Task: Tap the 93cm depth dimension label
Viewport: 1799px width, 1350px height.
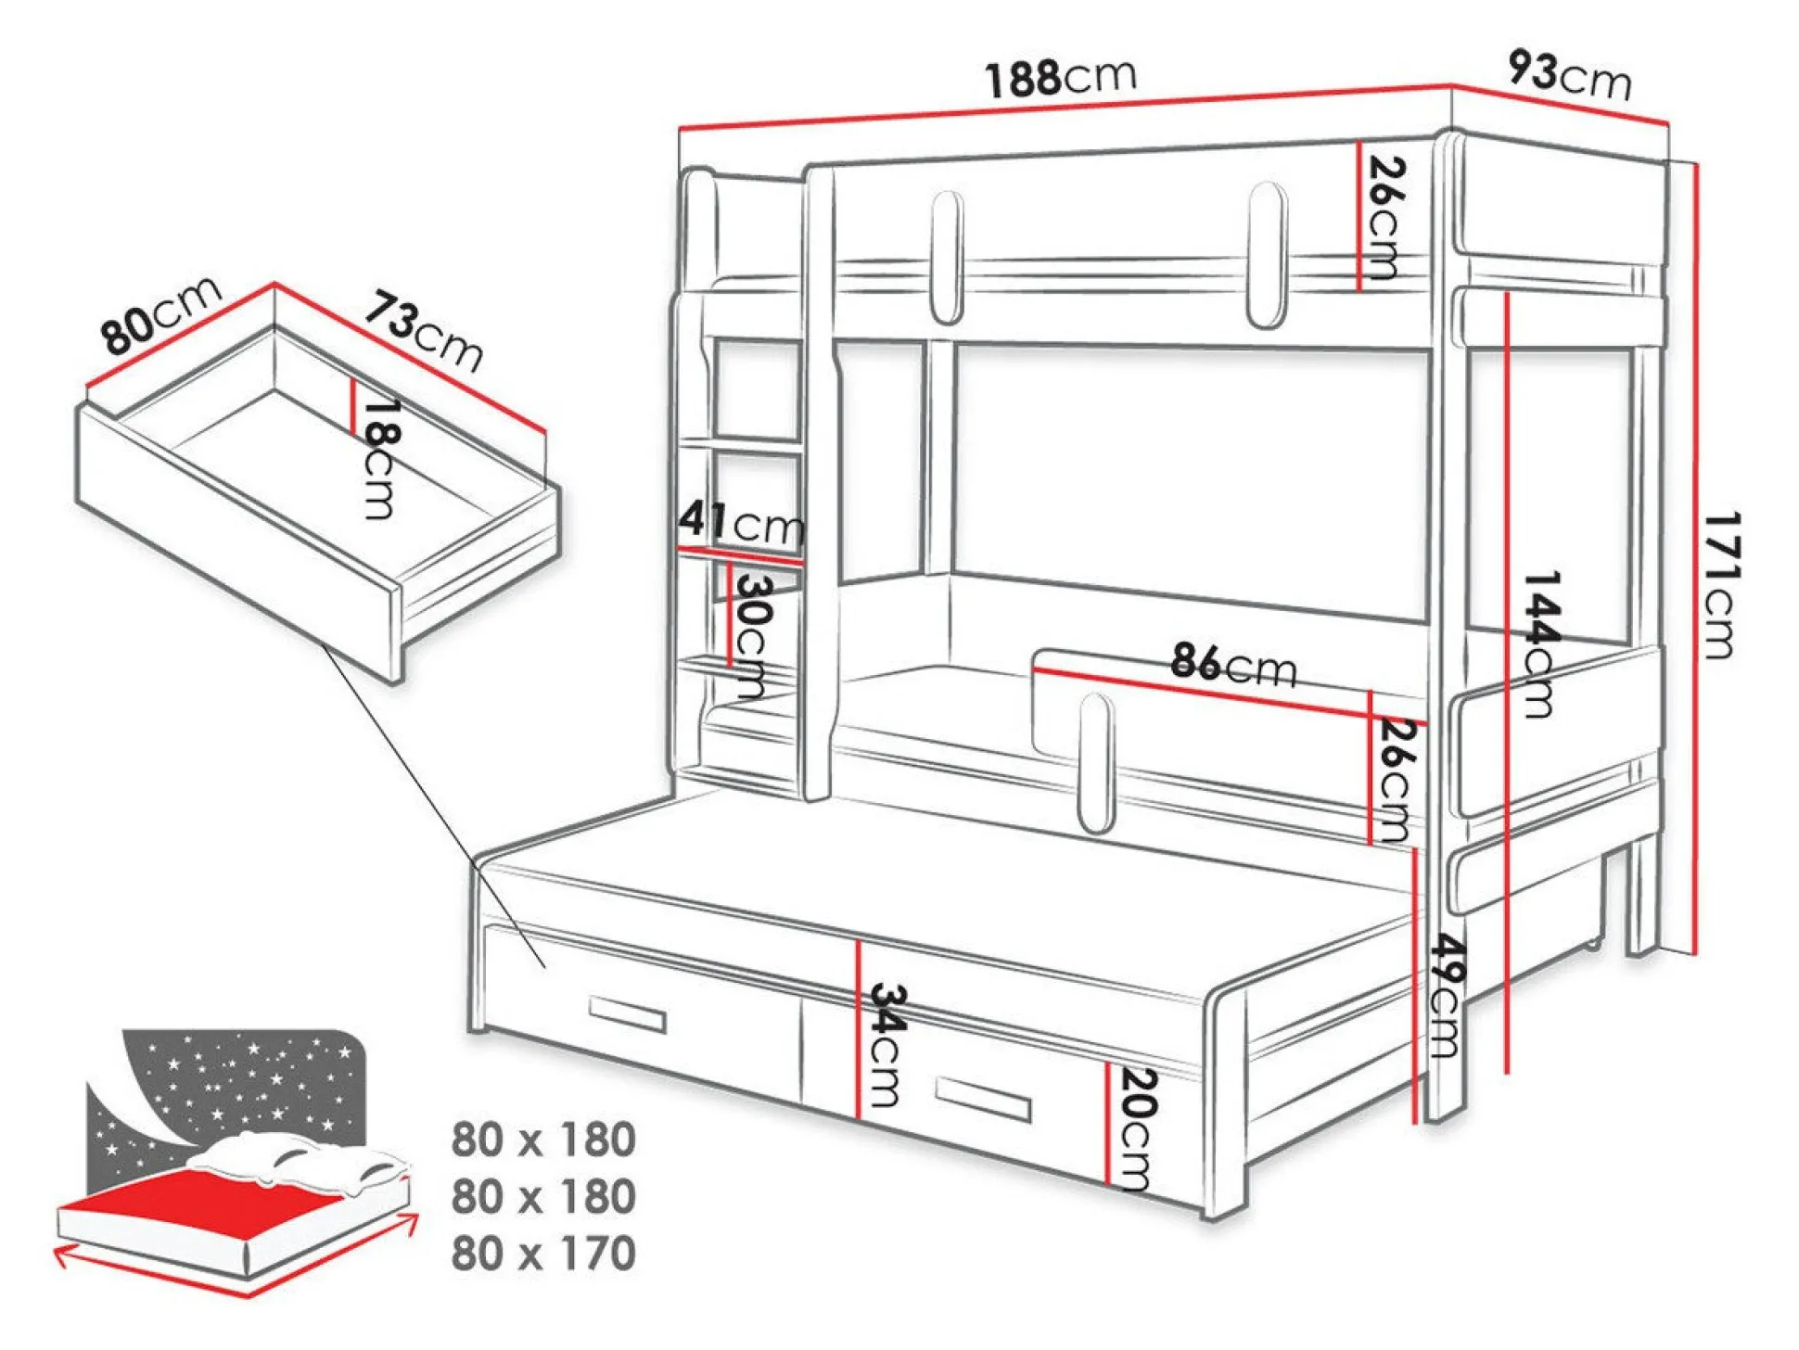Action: [x=1570, y=74]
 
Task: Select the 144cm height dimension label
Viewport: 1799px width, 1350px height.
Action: [x=1540, y=644]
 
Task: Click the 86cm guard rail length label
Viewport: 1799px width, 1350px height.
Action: [x=1233, y=664]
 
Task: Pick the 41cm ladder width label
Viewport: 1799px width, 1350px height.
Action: [x=741, y=522]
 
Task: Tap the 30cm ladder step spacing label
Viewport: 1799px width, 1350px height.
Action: [x=753, y=636]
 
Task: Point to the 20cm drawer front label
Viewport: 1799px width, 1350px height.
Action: [x=1138, y=1129]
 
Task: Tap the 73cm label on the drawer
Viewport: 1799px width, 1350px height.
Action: [x=423, y=331]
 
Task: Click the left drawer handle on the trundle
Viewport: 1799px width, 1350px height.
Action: [x=628, y=1013]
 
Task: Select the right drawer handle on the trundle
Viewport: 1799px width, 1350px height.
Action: [x=983, y=1099]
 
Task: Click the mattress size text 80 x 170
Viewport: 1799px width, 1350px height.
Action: [x=543, y=1253]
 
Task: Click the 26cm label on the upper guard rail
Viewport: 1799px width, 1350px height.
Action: [x=1385, y=219]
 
